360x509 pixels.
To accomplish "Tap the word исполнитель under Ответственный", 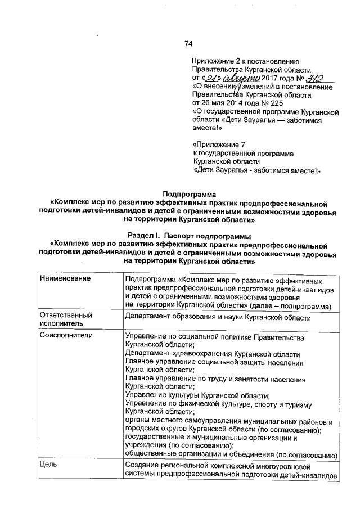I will [61, 325].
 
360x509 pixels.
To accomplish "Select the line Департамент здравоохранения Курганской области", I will [214, 354].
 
